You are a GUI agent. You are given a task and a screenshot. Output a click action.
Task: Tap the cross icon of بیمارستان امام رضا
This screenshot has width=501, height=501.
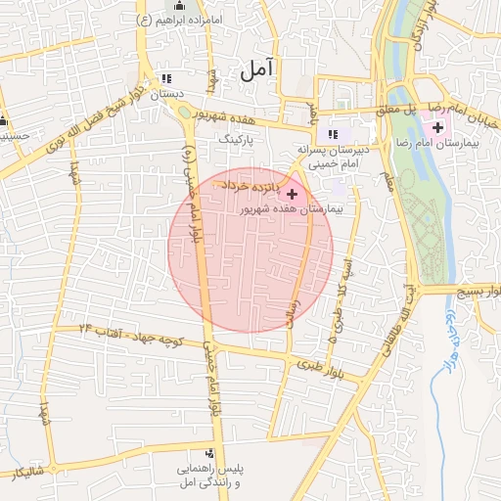pyautogui.click(x=436, y=127)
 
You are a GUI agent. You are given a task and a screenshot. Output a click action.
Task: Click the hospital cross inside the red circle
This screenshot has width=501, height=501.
pyautogui.click(x=292, y=194)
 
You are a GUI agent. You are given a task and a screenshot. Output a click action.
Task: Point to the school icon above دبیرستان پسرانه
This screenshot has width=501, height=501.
pyautogui.click(x=334, y=134)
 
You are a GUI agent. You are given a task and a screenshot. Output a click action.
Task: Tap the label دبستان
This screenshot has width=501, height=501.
pyautogui.click(x=166, y=95)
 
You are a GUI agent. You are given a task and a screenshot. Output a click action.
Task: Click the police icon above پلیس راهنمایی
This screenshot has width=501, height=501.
pyautogui.click(x=209, y=453)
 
